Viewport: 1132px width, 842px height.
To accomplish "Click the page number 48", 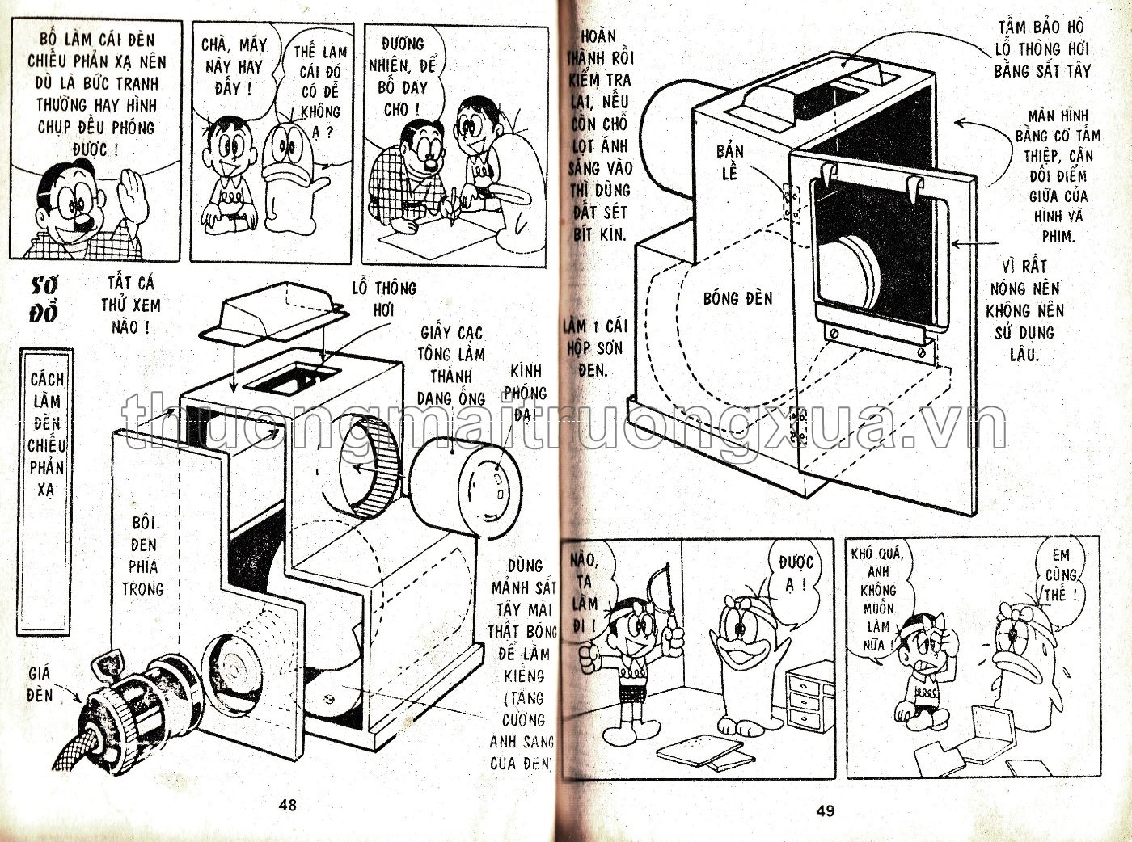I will [x=287, y=804].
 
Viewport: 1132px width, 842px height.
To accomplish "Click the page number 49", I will [x=825, y=810].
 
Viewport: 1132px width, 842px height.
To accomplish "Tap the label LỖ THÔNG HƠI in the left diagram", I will [x=383, y=299].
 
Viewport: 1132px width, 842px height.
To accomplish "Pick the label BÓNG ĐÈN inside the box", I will [x=737, y=299].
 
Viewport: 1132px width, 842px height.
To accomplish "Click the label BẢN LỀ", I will [x=729, y=162].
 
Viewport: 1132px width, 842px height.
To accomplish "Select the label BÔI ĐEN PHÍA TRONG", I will [x=143, y=556].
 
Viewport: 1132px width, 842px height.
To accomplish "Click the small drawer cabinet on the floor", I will [x=811, y=696].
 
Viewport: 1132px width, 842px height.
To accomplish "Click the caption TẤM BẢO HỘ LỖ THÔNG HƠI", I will [x=1041, y=50].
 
